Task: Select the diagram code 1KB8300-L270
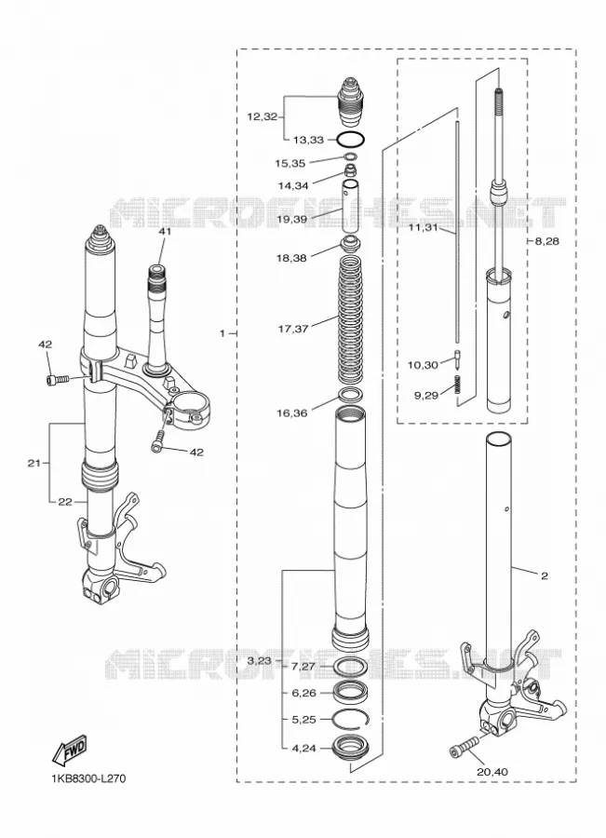[88, 778]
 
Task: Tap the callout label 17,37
[293, 329]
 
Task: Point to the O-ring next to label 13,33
[351, 139]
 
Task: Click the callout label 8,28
[546, 241]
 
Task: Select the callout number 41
[164, 232]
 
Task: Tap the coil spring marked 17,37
[351, 320]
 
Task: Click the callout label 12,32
[262, 116]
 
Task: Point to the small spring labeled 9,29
[457, 385]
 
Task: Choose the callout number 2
[544, 575]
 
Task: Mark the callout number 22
[64, 502]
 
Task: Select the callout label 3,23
[260, 661]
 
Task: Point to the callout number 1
[222, 333]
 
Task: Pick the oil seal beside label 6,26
[351, 692]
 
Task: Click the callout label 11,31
[424, 228]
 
